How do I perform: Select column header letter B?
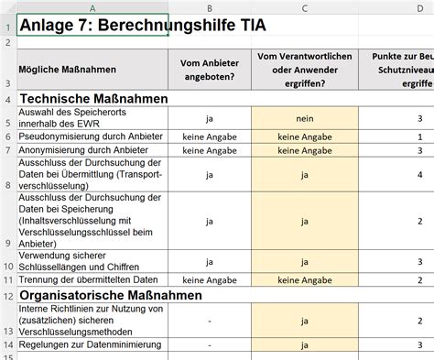[210, 7]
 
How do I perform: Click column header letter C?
[304, 7]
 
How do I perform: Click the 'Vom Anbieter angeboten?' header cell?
[210, 70]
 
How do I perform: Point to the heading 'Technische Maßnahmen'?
[94, 98]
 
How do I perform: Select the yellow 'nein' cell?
[304, 117]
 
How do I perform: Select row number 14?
[7, 344]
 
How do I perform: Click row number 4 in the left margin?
[7, 98]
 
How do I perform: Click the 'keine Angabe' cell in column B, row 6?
[210, 136]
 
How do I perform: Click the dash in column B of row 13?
[210, 322]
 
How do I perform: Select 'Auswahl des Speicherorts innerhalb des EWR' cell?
[69, 117]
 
